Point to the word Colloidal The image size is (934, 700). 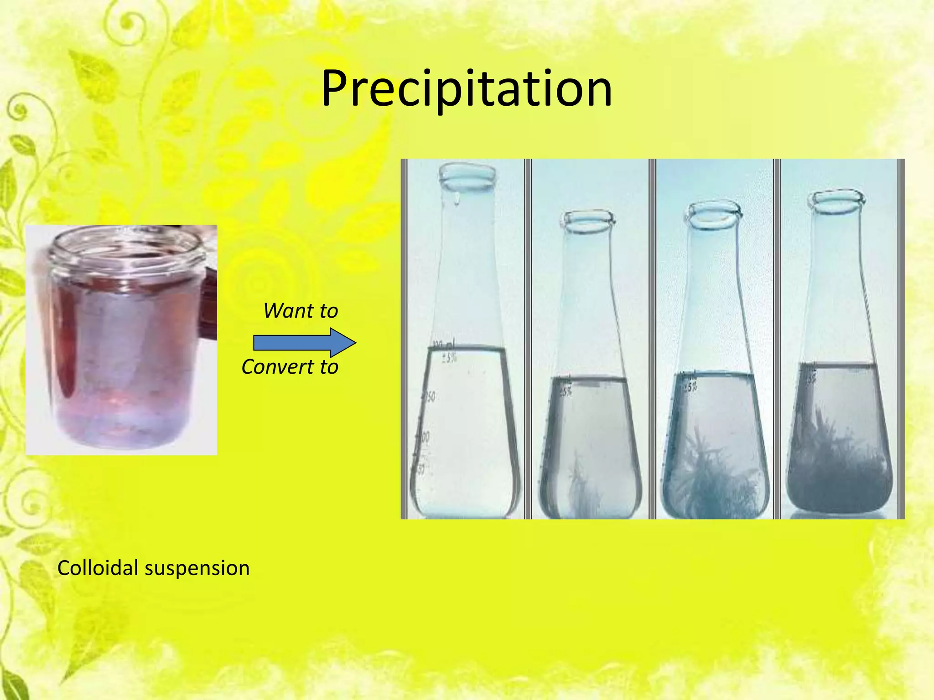[98, 568]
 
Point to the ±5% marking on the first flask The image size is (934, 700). [449, 358]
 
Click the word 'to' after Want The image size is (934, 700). [328, 311]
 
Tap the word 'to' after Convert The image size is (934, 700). [329, 367]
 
